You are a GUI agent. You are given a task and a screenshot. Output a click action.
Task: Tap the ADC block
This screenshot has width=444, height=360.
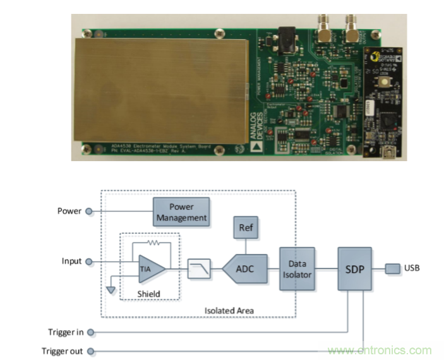pos(246,269)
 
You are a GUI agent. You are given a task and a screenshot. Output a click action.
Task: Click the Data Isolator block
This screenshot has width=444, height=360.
pos(297,268)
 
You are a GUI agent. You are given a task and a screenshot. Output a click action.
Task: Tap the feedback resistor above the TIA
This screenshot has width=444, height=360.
pos(152,242)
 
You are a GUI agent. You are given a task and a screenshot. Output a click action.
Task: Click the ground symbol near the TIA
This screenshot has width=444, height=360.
pos(111,289)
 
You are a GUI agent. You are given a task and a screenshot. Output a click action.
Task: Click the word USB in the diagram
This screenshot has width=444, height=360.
pos(412,268)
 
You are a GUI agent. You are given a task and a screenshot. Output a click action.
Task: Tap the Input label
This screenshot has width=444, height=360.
pos(71,261)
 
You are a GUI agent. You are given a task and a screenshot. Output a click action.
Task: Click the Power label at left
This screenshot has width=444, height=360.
pos(69,211)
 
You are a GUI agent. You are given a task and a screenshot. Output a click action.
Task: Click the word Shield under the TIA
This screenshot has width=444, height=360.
pos(149,293)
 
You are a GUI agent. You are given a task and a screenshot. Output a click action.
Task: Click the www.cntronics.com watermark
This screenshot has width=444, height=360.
pos(380,351)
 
